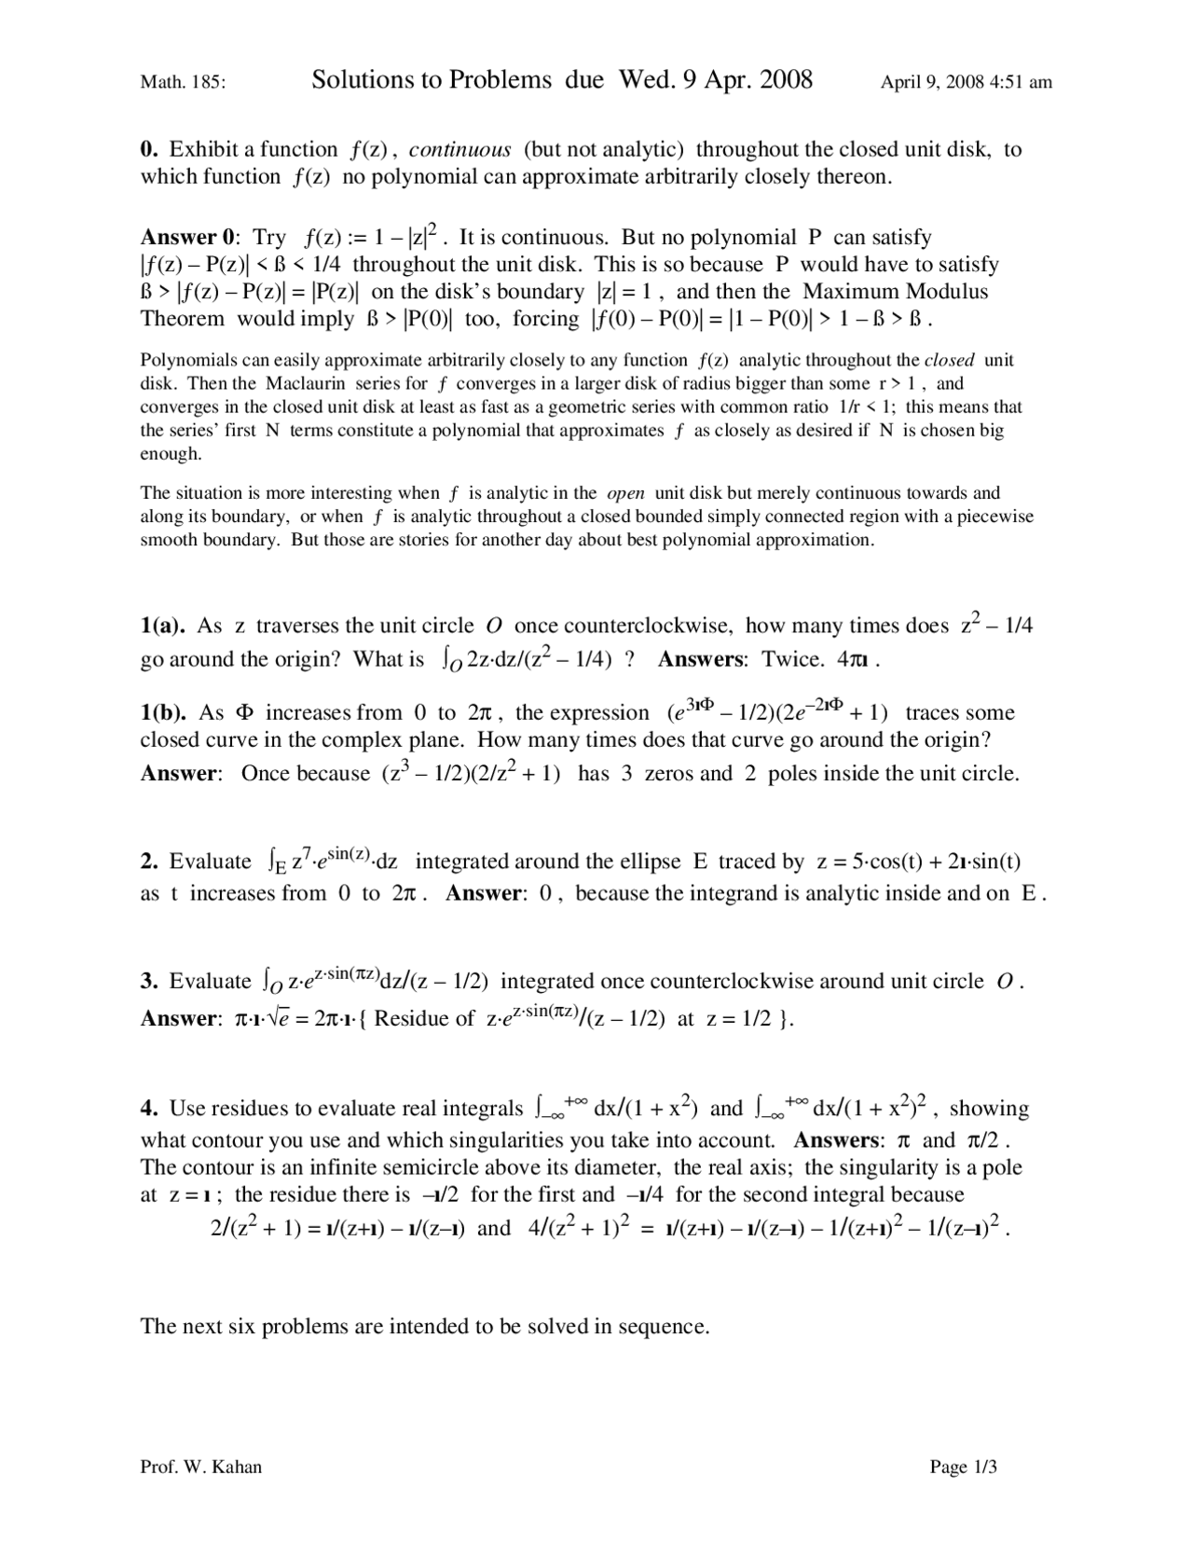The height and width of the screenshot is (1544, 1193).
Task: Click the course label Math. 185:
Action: [x=183, y=82]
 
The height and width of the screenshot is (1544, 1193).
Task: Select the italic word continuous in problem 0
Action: [x=459, y=149]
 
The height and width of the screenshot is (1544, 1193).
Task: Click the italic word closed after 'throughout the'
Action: [x=949, y=360]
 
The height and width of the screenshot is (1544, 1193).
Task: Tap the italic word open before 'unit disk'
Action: [x=625, y=492]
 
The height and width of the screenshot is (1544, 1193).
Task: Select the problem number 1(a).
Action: [x=163, y=626]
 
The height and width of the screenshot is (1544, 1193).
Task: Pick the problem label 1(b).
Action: [x=164, y=712]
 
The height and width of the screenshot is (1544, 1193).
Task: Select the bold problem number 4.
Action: [x=149, y=1108]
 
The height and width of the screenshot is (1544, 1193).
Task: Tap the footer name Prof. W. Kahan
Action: [x=201, y=1467]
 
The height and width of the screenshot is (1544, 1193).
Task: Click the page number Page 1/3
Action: [x=964, y=1467]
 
